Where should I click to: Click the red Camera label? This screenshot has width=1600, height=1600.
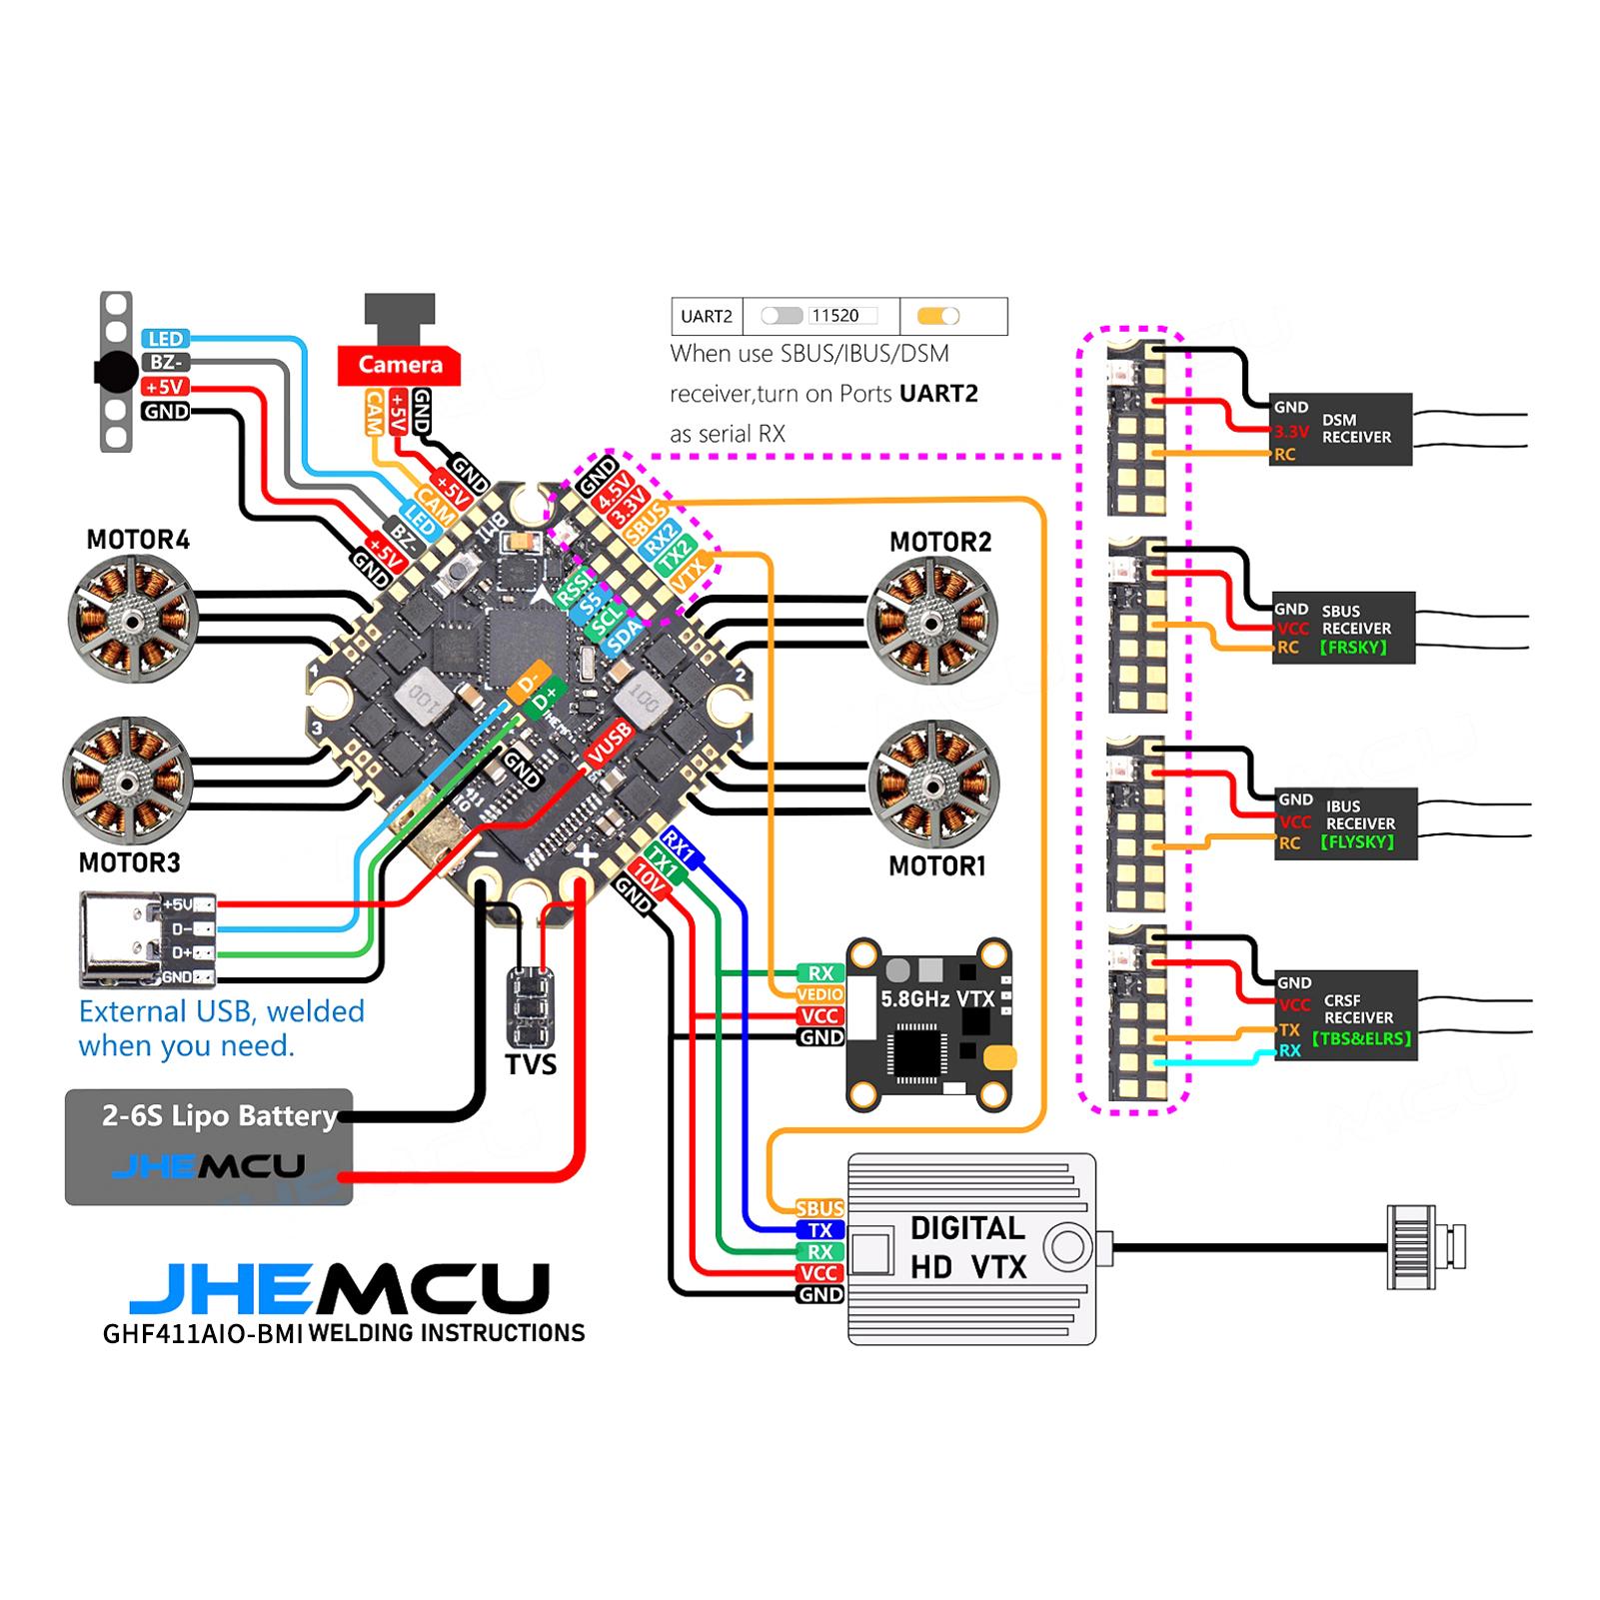(x=400, y=365)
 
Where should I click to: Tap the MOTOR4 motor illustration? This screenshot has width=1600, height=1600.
(x=132, y=619)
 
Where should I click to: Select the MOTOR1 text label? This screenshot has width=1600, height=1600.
(x=937, y=865)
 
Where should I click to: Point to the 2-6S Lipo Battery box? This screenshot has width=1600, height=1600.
(x=209, y=1146)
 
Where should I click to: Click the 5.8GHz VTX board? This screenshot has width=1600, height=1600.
(x=929, y=1024)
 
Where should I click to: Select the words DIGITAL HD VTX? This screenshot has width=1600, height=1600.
(x=967, y=1247)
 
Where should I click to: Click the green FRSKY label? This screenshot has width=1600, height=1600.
(x=1353, y=648)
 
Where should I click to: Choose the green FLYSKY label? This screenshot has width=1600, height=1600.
(x=1356, y=841)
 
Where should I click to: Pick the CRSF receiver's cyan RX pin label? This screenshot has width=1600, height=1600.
(x=1289, y=1050)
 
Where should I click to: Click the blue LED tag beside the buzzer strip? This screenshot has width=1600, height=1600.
(x=166, y=339)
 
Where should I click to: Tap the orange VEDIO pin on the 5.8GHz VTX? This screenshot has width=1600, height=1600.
(x=820, y=994)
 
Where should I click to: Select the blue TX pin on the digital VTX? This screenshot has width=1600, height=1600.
(x=820, y=1230)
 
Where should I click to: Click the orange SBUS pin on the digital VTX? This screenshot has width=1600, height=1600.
(x=820, y=1208)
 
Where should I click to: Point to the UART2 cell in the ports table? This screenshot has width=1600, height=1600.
(x=707, y=317)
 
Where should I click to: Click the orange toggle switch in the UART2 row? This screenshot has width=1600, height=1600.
(x=938, y=316)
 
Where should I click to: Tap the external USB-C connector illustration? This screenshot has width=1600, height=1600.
(x=121, y=939)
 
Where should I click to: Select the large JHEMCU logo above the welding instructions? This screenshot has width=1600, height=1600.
(x=340, y=1289)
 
